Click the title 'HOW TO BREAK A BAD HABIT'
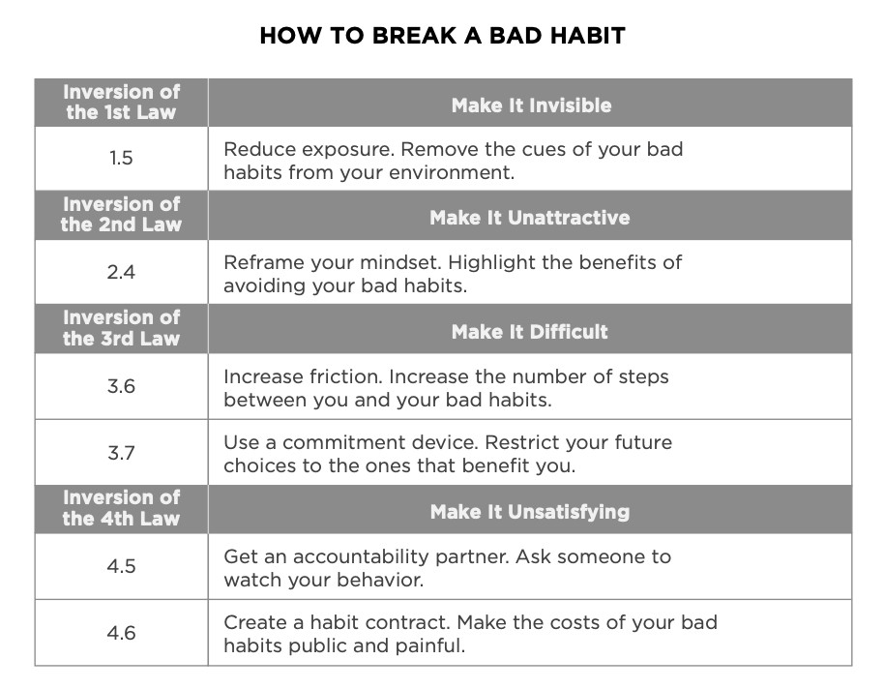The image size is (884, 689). click(x=443, y=36)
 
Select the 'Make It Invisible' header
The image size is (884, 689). click(x=531, y=105)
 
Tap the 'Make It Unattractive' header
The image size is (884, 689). click(x=530, y=218)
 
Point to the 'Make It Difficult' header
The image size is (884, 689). click(x=530, y=332)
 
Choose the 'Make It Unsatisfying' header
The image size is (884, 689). click(x=530, y=512)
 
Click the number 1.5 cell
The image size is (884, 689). click(x=121, y=158)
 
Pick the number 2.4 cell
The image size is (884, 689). click(x=121, y=272)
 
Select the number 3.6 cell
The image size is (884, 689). click(x=121, y=386)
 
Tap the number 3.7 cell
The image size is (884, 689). click(x=121, y=453)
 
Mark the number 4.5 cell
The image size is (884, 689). click(x=121, y=566)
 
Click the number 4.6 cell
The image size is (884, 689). click(x=121, y=633)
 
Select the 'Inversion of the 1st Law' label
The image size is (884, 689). click(x=121, y=103)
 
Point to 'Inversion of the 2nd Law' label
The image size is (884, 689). click(x=121, y=215)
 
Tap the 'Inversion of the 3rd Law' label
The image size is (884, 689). click(x=121, y=328)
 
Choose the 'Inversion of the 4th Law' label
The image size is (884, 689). click(x=121, y=508)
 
